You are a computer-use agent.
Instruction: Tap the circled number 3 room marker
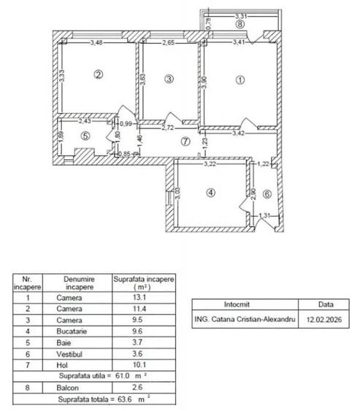(169, 78)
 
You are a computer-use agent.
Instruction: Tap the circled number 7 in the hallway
(185, 142)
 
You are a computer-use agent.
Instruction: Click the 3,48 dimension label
(96, 42)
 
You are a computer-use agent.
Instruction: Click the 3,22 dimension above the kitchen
(210, 166)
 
